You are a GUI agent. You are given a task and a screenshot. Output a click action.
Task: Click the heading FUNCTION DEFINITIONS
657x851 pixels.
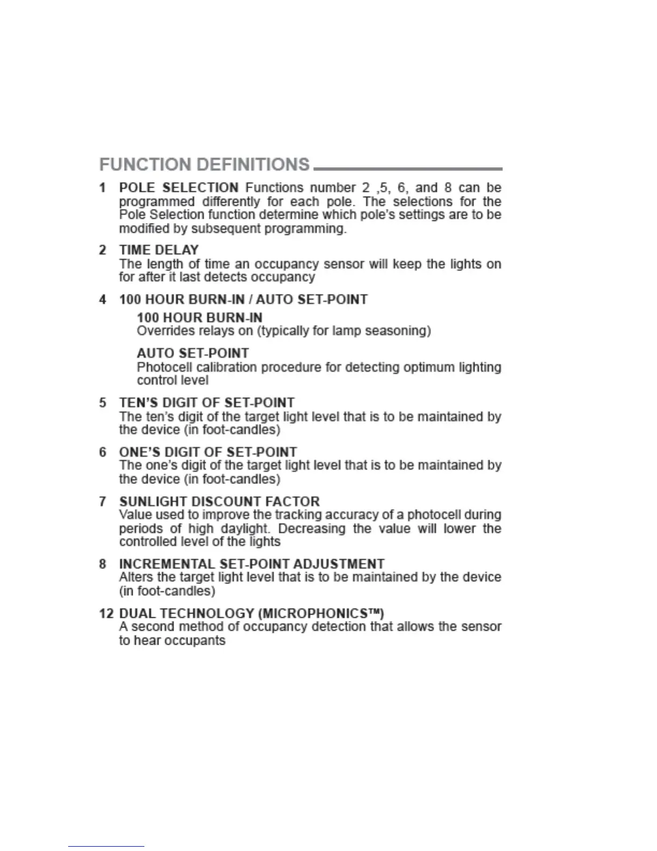coord(205,164)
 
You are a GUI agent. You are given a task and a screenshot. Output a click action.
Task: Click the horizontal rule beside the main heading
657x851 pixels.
coord(408,169)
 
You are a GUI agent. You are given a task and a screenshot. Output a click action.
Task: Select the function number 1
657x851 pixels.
coord(103,188)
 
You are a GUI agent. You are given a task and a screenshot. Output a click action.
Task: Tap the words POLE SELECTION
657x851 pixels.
coord(179,188)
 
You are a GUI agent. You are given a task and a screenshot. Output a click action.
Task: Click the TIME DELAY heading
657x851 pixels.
coord(159,250)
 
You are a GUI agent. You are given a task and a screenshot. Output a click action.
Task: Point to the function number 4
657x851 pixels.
coord(103,299)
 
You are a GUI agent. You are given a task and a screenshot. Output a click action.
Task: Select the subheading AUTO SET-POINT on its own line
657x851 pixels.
coord(193,354)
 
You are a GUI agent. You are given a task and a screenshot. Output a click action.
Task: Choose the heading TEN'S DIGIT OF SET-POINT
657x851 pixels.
coord(207,403)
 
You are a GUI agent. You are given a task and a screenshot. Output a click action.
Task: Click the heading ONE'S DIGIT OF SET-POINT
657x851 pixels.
coord(208,452)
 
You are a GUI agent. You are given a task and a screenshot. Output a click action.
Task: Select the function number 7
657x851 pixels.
coord(103,501)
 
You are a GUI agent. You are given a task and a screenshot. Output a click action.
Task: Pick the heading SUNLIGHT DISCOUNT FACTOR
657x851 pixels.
coord(219,501)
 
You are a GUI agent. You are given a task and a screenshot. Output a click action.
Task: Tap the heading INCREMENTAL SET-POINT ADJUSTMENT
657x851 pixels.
coord(251,564)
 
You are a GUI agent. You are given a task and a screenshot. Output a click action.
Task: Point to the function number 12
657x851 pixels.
coord(106,614)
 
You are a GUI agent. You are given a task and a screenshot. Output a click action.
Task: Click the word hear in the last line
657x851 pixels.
coord(150,641)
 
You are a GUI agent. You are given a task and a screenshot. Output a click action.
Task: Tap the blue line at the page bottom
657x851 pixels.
coord(106,847)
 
